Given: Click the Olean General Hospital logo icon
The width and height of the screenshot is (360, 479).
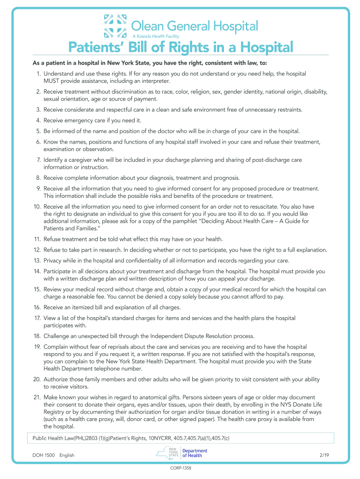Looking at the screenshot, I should point(115,26).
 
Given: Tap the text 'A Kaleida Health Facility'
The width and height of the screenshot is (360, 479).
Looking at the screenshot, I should point(156,36).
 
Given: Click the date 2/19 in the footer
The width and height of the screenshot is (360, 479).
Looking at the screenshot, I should point(322,455).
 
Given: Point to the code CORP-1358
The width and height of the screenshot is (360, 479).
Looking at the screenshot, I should point(180,468).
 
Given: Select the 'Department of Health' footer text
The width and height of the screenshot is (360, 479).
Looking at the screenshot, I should point(194,453).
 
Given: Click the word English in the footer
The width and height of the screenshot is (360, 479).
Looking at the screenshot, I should point(67,455).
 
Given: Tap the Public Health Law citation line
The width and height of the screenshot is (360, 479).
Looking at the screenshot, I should point(131,438).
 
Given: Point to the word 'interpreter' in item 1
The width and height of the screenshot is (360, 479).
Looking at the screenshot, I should point(154,81).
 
